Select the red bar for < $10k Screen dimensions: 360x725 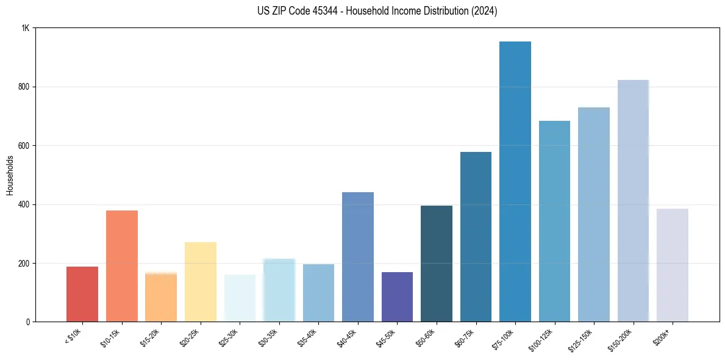[x=82, y=294]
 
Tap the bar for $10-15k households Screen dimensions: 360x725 [x=122, y=266]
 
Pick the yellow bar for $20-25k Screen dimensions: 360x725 [x=201, y=282]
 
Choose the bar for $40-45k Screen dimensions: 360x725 [x=358, y=257]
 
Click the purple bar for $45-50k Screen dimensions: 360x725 [x=397, y=297]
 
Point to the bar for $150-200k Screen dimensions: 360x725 [x=633, y=201]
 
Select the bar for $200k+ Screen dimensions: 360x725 [x=673, y=265]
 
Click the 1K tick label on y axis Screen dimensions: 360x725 [x=25, y=28]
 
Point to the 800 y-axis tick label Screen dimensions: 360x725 [x=23, y=87]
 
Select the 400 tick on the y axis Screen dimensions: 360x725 [x=23, y=204]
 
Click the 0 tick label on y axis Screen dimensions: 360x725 [x=27, y=322]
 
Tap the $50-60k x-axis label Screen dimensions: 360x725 [x=425, y=337]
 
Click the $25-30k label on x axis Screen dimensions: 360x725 [x=228, y=337]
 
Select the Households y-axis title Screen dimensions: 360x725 [x=10, y=175]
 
